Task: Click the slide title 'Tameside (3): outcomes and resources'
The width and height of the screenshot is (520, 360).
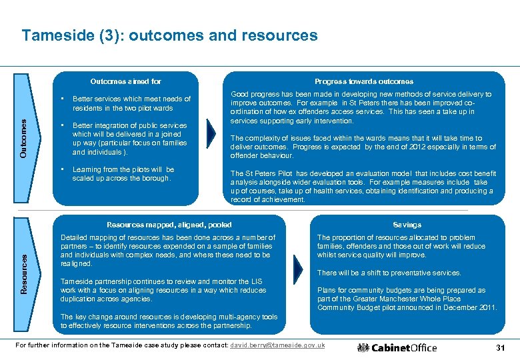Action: [169, 35]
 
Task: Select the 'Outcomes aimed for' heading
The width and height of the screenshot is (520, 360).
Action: [125, 81]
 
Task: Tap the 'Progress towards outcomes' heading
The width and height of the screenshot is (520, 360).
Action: [363, 81]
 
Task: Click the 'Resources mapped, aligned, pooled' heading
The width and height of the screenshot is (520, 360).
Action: [169, 225]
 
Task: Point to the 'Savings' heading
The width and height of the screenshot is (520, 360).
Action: [407, 225]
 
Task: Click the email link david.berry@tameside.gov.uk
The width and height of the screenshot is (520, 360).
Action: [277, 345]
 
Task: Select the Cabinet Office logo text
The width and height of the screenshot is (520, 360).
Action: [404, 347]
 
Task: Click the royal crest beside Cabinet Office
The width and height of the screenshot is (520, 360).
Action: [363, 347]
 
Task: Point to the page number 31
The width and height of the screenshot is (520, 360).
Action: [501, 348]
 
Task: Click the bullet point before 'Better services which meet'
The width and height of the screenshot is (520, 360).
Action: [62, 99]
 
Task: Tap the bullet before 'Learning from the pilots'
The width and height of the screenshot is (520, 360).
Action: [62, 169]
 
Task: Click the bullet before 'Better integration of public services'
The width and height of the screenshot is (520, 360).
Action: [62, 125]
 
